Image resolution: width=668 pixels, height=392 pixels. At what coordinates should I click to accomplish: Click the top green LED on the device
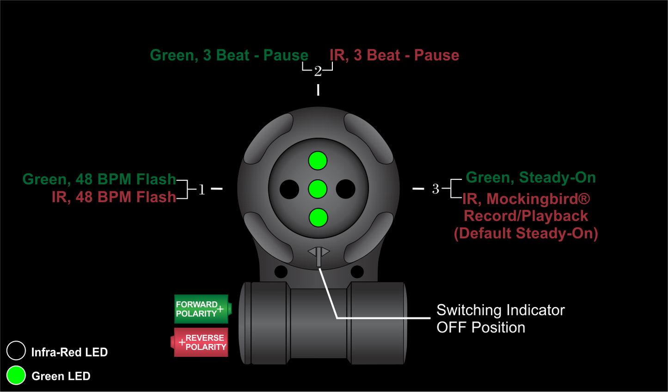click(318, 161)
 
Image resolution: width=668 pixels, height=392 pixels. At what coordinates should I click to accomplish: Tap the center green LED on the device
click(318, 189)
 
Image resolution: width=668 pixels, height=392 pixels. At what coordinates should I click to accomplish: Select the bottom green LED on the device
click(318, 218)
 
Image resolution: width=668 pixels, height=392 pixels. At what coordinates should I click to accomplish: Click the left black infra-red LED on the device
click(289, 190)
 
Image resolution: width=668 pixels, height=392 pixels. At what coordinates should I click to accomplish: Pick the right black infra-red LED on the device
click(346, 189)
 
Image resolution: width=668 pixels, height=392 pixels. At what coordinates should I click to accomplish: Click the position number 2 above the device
click(318, 72)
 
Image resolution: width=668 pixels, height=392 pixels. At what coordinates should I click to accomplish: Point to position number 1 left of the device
click(202, 190)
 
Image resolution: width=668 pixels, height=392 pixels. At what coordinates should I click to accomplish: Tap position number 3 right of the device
click(435, 189)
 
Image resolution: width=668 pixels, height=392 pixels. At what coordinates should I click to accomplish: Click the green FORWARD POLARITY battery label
click(202, 309)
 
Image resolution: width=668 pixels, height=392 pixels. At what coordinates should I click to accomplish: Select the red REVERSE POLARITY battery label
click(202, 343)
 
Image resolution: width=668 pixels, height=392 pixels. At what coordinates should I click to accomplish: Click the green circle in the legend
click(16, 375)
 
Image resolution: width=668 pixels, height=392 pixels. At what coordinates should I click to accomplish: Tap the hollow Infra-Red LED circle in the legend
click(16, 351)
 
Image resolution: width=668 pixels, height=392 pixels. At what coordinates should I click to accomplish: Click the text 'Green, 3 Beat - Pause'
click(229, 55)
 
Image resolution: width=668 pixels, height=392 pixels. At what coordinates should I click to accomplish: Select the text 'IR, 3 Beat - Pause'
click(394, 55)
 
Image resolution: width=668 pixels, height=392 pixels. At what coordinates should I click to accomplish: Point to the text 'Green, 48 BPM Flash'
click(99, 179)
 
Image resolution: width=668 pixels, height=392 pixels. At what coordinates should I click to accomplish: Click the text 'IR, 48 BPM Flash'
click(114, 197)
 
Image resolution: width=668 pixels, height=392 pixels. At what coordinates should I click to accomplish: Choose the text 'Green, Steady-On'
click(531, 178)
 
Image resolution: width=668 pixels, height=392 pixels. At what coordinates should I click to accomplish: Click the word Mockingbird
click(538, 199)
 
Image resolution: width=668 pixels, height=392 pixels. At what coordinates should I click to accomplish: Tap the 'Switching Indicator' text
click(501, 310)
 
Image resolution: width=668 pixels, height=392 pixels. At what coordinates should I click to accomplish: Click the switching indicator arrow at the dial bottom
click(319, 254)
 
